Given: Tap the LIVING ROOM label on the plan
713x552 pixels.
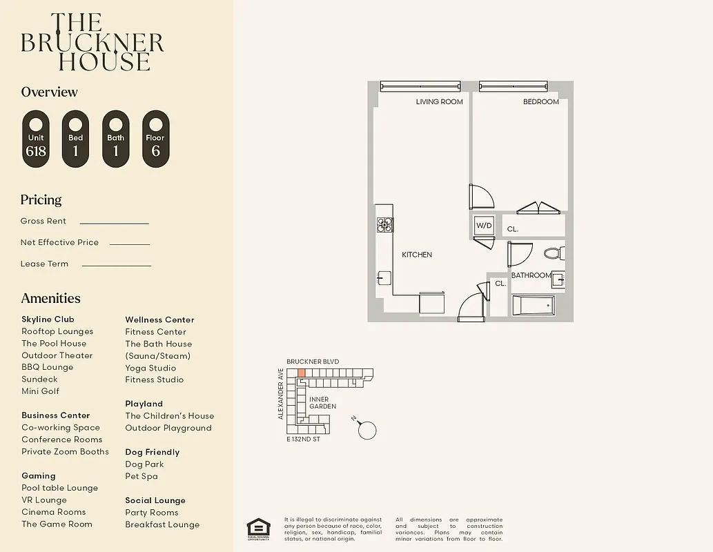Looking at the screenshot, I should click(x=439, y=102).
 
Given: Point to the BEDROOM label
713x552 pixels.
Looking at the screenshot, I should click(x=540, y=102).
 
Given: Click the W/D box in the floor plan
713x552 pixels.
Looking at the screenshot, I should click(x=483, y=226).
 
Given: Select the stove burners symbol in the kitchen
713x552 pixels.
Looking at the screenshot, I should click(x=384, y=224).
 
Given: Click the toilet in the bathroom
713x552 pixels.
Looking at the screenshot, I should click(x=554, y=253).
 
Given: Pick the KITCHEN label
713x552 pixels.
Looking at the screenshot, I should click(x=417, y=255).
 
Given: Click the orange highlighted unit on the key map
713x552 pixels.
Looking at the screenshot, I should click(x=301, y=373).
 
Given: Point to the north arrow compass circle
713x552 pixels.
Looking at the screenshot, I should click(x=368, y=431).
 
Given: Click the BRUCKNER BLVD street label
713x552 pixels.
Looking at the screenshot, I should click(x=313, y=362).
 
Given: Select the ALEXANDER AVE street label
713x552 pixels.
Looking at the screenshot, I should click(x=281, y=393).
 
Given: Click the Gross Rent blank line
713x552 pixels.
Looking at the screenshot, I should click(x=114, y=223).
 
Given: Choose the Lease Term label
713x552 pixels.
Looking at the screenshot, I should click(x=44, y=264).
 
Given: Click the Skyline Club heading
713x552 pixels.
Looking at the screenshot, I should click(x=48, y=319).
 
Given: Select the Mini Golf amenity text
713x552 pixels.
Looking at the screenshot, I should click(x=40, y=391).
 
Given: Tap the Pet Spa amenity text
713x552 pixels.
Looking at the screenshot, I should click(x=141, y=476).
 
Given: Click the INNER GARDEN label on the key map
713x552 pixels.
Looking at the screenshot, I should click(x=322, y=403).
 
